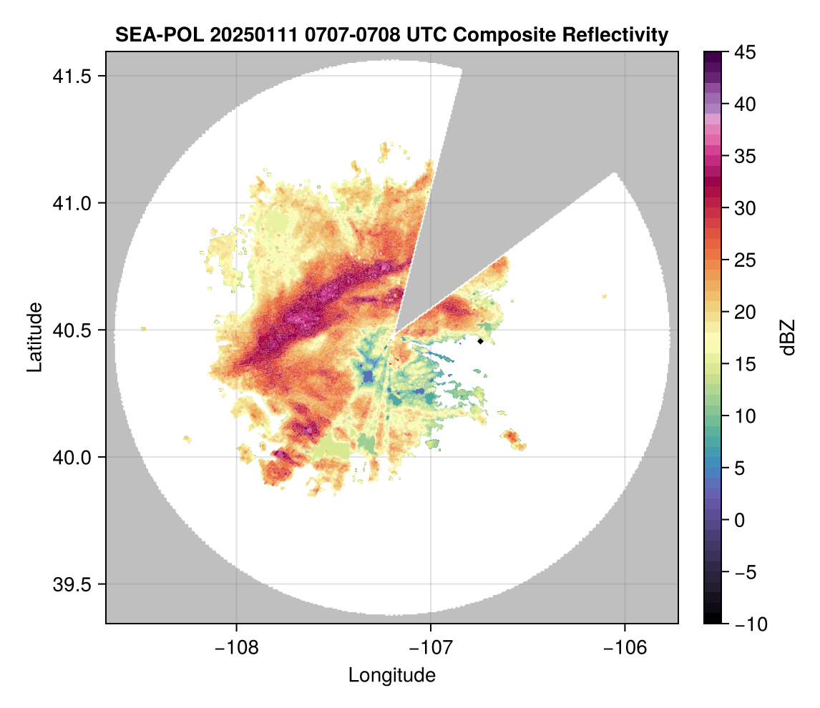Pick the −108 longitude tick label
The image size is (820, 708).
click(x=236, y=648)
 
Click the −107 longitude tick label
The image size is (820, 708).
click(x=431, y=648)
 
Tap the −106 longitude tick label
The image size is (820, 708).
click(x=625, y=648)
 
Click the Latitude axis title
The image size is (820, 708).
click(x=34, y=337)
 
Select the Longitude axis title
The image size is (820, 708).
click(x=392, y=675)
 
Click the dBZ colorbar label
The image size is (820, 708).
click(x=789, y=338)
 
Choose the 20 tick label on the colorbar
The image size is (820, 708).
click(x=745, y=313)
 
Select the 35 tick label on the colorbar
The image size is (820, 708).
click(x=745, y=156)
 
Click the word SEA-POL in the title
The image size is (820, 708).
click(x=148, y=34)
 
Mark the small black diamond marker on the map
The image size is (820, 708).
click(x=481, y=341)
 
